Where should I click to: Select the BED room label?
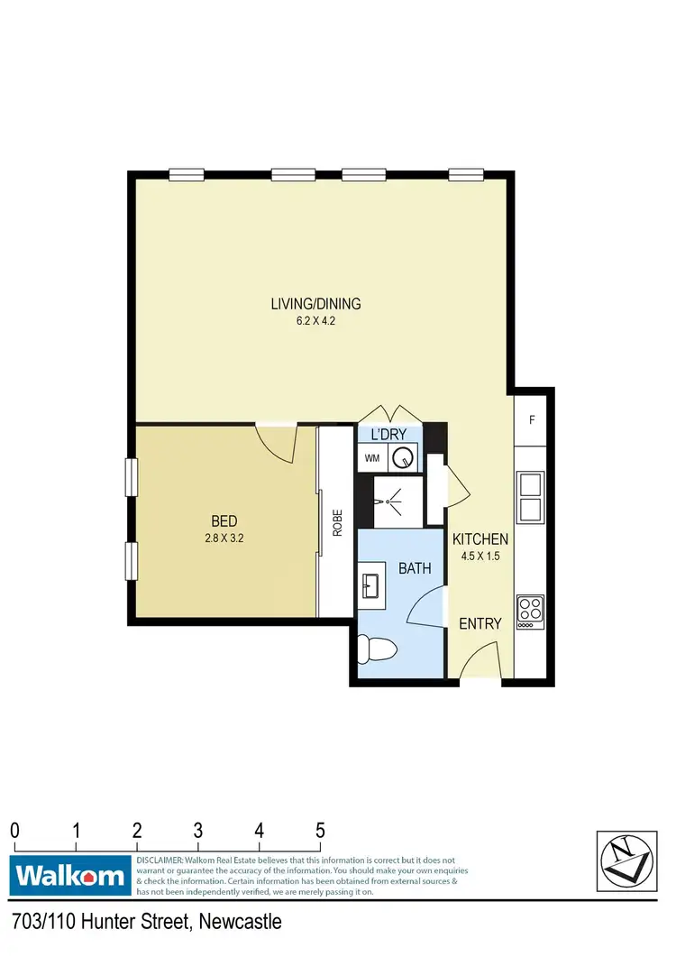[x=224, y=520]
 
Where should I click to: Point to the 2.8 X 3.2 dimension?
[x=224, y=538]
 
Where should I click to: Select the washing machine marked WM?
[x=372, y=458]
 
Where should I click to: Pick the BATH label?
[x=415, y=568]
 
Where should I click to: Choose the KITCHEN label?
[x=480, y=539]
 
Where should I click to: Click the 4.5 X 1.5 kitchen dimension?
[x=480, y=557]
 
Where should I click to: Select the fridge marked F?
[x=532, y=419]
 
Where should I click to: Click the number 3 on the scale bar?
[x=197, y=830]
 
